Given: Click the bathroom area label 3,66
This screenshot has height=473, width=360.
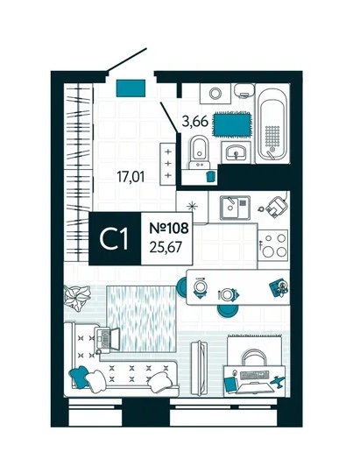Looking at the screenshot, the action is point(195,121).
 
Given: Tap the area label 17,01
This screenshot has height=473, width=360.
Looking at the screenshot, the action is point(131,176).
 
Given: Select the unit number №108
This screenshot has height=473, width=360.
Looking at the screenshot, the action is point(169,228).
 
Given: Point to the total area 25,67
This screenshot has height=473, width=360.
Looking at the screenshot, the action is point(166,247).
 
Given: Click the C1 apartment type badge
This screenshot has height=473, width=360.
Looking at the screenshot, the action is point(115,238).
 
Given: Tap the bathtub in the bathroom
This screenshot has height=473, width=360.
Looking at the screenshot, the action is point(272,124).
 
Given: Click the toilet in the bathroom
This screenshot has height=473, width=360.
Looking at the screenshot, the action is point(200,152).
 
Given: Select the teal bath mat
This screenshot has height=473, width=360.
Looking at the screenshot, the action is point(232,124).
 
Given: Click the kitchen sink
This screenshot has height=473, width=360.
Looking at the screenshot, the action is point(235,208).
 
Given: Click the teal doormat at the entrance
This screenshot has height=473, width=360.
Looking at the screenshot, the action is point(131,88).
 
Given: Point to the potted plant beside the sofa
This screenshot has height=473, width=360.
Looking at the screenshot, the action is point(77,298).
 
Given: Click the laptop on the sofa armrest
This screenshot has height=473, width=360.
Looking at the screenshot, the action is point(107,339).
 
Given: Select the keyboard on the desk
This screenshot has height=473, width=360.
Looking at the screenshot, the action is point(254,375).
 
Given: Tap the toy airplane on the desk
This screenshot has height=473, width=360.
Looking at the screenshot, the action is point(277,381).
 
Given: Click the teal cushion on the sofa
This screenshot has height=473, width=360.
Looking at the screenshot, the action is point(80,376).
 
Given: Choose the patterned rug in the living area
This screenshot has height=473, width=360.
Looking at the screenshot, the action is point(141,319).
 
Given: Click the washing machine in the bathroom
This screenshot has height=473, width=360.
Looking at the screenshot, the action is point(215,94).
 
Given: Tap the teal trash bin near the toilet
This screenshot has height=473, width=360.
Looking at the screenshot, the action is point(210,176).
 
